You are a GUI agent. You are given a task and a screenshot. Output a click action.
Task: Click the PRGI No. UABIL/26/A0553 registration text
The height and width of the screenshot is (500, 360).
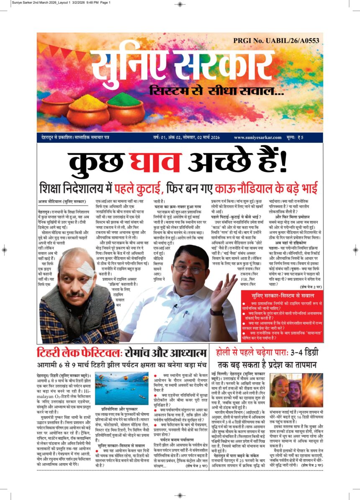point(276,41)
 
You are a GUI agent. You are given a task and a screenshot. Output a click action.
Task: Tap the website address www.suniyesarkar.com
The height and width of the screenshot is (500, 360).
point(257,137)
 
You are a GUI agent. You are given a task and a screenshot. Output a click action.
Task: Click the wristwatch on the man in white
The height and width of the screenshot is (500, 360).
point(216,312)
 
